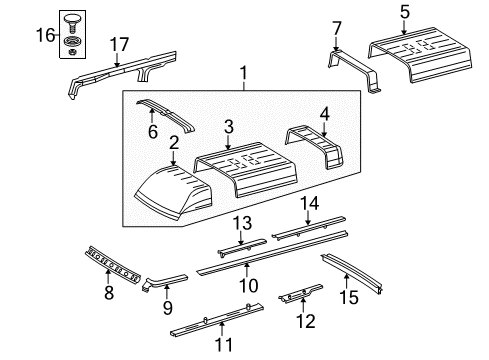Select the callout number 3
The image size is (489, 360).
pos(229,126)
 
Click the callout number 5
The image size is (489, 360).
pos(404,12)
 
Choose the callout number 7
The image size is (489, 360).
pos(336,27)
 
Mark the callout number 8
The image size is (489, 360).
pos(109,292)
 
